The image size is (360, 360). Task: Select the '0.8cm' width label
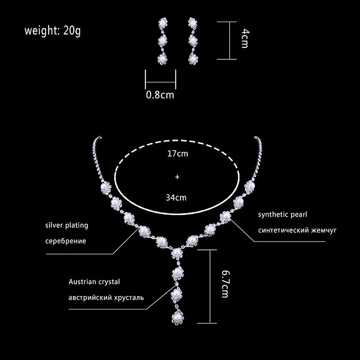click(160, 95)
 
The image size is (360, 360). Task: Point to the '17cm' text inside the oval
click(177, 153)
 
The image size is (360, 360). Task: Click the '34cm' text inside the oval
click(177, 197)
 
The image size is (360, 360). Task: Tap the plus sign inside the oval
click(177, 177)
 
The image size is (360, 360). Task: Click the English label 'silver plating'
click(67, 225)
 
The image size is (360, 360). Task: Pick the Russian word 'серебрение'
click(66, 241)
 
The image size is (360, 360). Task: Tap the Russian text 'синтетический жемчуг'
click(297, 230)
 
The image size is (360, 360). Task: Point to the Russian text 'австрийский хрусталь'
click(106, 297)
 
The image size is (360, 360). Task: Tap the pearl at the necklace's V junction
click(177, 253)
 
